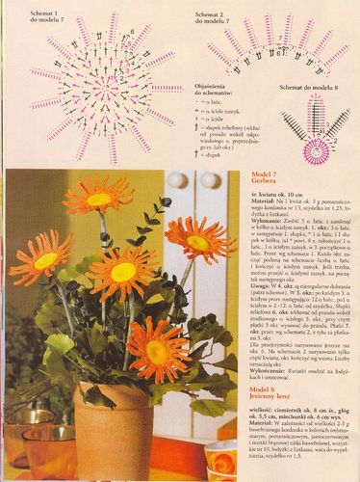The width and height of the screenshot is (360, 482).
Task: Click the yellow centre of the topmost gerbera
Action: point(99,200)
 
